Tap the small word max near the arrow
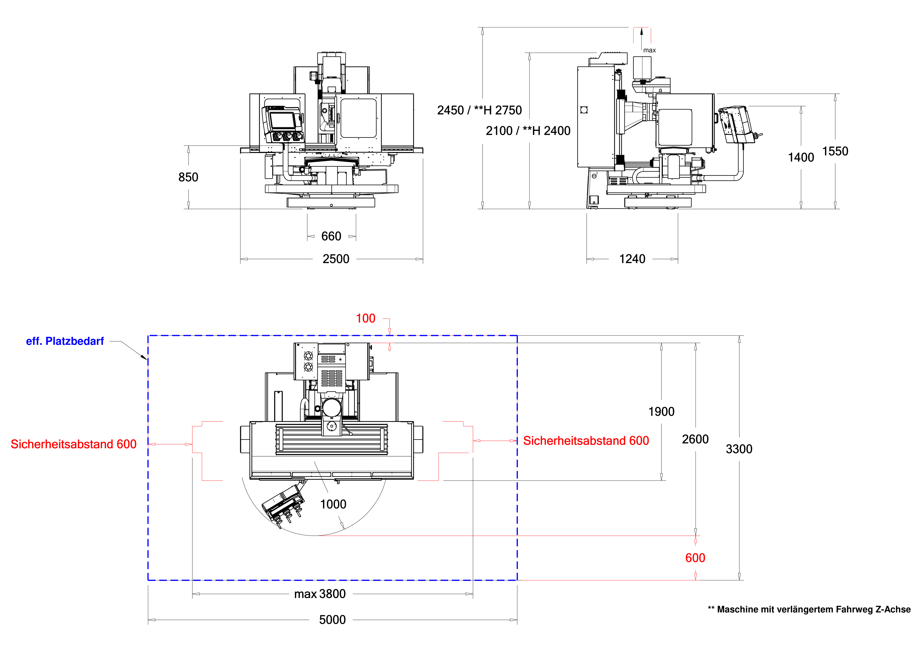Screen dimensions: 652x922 pos(649,50)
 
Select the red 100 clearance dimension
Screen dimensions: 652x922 pos(365,318)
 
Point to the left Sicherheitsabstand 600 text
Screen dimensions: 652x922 pos(73,444)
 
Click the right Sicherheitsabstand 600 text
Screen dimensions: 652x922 pos(586,441)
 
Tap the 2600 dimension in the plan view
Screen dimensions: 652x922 pos(695,439)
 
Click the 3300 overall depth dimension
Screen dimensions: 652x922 pos(739,449)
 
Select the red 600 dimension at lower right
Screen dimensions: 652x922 pos(695,558)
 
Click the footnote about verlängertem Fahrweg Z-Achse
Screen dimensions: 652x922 pos(809,609)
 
